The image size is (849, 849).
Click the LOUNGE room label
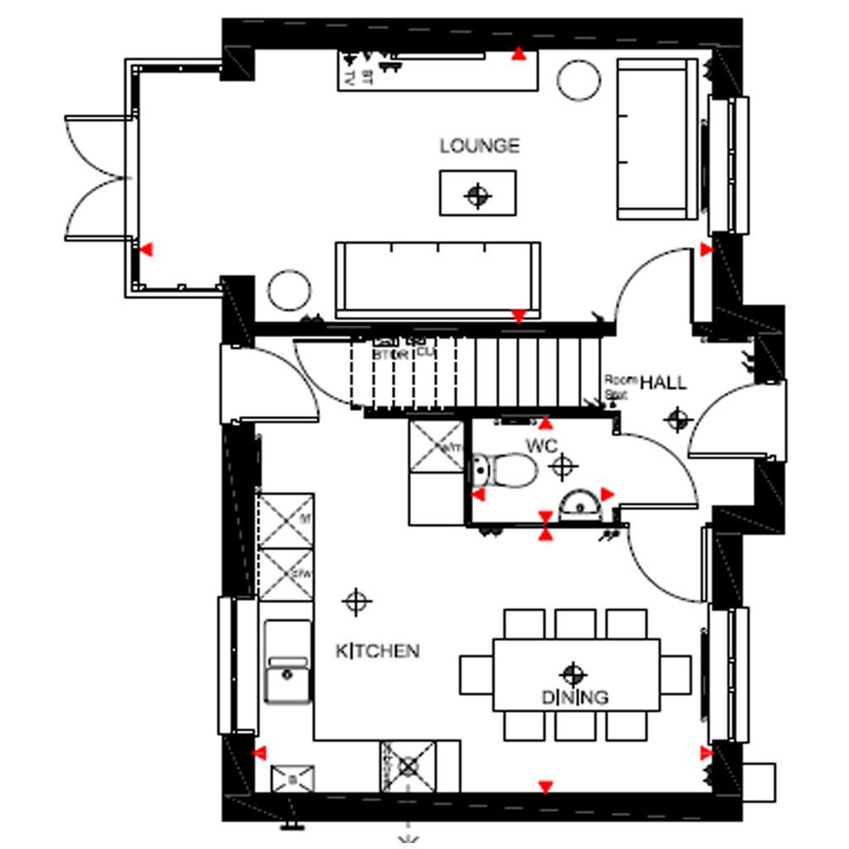click(x=479, y=146)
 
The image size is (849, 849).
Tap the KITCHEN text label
click(x=377, y=651)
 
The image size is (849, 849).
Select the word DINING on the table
click(x=575, y=697)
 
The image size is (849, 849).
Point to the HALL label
click(x=663, y=383)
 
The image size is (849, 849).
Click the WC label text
click(x=542, y=446)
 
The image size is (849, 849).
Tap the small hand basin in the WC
click(x=579, y=506)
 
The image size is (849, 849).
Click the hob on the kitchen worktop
click(x=408, y=767)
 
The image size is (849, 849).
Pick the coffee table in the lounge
click(x=478, y=193)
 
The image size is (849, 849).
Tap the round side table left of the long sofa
click(x=289, y=290)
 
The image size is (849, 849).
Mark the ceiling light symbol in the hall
click(x=677, y=420)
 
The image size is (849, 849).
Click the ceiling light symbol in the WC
click(x=563, y=466)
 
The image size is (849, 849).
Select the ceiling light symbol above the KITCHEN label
click(x=357, y=602)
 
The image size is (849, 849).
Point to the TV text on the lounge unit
click(x=349, y=79)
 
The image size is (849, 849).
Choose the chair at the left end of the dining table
click(x=476, y=675)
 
